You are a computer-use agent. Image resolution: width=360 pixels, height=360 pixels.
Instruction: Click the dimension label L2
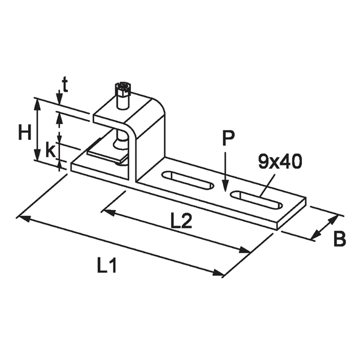coord(181,221)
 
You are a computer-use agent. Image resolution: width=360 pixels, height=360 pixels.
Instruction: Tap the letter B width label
coord(339,239)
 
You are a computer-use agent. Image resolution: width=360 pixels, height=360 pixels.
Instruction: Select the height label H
coord(24,132)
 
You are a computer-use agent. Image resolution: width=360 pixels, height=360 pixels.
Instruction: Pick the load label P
coord(227,139)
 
